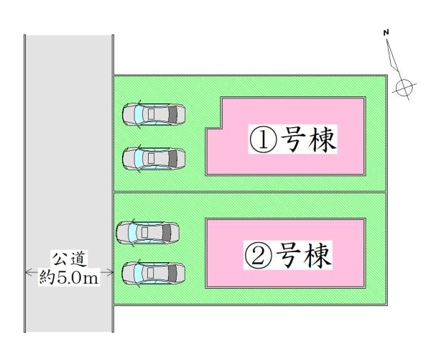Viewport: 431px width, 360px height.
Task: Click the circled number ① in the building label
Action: coord(263,139)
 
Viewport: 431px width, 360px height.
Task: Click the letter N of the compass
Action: coord(386,32)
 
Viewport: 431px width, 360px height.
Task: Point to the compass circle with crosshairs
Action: coord(404,88)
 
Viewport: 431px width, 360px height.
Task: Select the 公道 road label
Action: coord(70,259)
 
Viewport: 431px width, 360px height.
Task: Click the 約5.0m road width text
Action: coord(69,277)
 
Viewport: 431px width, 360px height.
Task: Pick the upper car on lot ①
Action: coord(154,114)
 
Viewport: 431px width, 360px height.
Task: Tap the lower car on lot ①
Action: coord(154,158)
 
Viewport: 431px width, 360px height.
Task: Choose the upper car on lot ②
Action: coord(147,233)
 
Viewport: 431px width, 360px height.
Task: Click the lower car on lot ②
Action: coord(154,273)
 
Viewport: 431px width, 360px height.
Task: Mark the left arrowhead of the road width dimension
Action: coord(28,272)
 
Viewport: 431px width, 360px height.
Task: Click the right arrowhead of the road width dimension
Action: coord(110,272)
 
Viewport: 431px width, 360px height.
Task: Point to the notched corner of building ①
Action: coord(221,128)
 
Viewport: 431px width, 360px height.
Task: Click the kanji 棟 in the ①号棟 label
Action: coord(322,139)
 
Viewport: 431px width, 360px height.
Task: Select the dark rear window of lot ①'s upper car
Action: coord(172,114)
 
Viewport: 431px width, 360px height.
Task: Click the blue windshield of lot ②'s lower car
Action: coord(138,273)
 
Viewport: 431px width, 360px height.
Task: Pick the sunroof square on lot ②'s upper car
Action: coord(145,233)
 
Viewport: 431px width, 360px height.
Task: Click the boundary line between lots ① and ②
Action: coord(250,192)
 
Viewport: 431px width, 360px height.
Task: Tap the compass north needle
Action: coord(394,60)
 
